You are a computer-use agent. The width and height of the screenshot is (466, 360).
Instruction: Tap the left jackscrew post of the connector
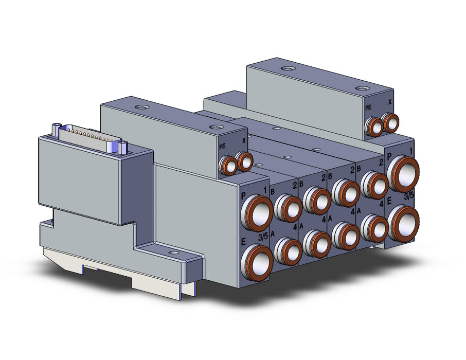pos(56,130)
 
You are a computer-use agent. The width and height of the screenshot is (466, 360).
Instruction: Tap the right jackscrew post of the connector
pos(122,148)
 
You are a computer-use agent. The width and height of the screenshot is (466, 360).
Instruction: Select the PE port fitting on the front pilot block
pos(228,166)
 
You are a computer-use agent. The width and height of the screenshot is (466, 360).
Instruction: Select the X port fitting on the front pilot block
pos(245,161)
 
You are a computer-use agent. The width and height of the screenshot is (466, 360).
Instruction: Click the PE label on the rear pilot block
pos(368,107)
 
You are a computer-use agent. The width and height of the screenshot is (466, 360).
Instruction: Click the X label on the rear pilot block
pos(390,102)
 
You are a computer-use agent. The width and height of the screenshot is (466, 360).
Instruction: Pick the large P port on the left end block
pos(257,212)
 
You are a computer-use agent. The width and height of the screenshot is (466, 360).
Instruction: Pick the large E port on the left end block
pos(257,261)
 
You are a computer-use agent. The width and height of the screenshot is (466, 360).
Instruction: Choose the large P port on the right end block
pos(403,174)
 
